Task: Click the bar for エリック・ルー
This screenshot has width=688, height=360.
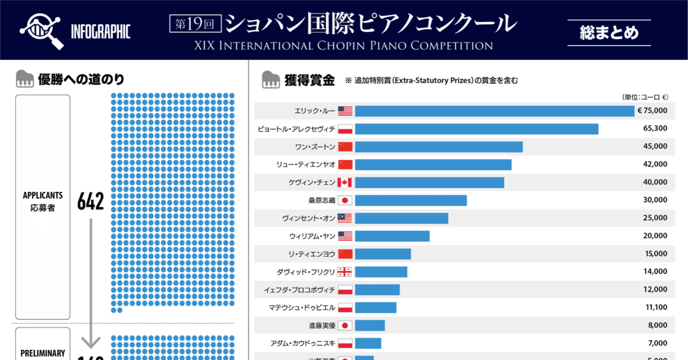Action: click(x=494, y=111)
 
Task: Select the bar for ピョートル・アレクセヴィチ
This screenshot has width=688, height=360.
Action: click(x=476, y=129)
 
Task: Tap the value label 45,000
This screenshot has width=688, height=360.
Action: click(x=655, y=146)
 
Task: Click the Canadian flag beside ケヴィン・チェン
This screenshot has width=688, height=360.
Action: click(x=345, y=182)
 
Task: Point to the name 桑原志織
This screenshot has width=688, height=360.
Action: click(x=321, y=200)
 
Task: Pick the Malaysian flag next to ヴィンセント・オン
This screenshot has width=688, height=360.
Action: click(x=345, y=218)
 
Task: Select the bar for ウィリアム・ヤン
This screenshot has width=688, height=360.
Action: click(x=392, y=236)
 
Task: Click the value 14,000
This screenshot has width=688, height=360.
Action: click(x=655, y=271)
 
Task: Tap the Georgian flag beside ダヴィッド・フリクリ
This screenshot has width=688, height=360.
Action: click(x=345, y=272)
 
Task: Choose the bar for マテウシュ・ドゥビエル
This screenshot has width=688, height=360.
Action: click(x=375, y=307)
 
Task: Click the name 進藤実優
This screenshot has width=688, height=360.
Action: click(x=321, y=325)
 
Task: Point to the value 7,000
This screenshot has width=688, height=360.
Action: click(x=657, y=343)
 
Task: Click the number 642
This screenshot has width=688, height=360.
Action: click(x=90, y=201)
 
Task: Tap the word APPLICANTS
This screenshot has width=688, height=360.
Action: click(x=42, y=196)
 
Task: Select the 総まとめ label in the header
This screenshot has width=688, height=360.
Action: click(x=609, y=33)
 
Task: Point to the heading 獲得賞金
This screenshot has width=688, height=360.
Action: click(x=310, y=81)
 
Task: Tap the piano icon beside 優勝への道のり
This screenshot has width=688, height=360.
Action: click(x=25, y=80)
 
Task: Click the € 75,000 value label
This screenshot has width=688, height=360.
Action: click(x=652, y=111)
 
